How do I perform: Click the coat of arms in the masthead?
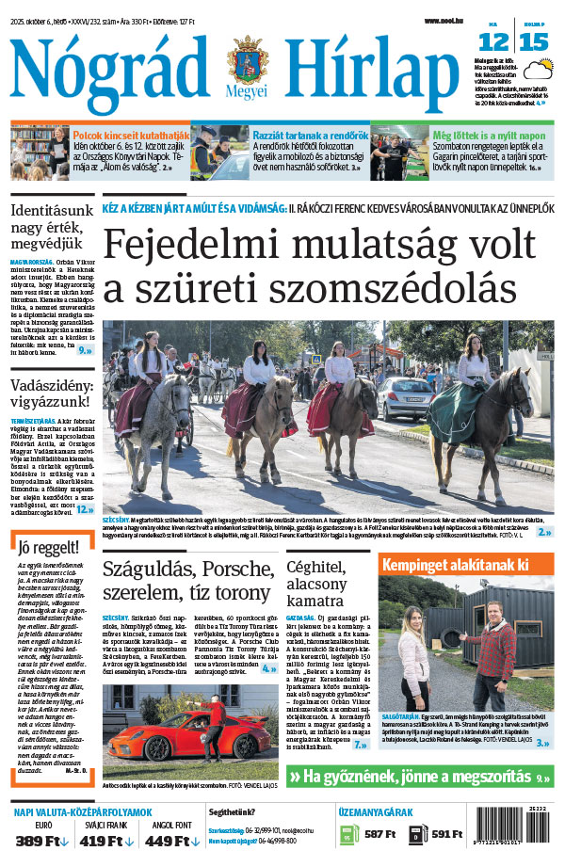pyautogui.click(x=247, y=62)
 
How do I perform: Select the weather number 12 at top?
pyautogui.click(x=493, y=41)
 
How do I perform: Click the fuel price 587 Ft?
pyautogui.click(x=379, y=834)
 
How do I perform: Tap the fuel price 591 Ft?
pyautogui.click(x=445, y=834)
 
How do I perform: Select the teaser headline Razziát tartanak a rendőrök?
pyautogui.click(x=310, y=136)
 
